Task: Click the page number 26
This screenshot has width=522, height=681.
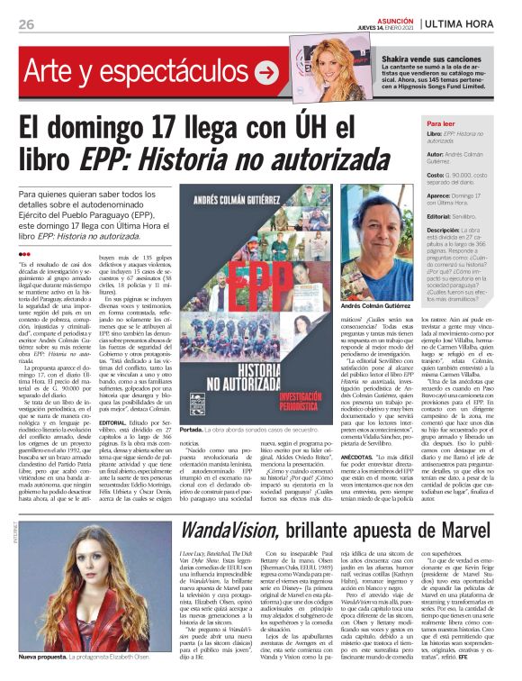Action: [x=26, y=23]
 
